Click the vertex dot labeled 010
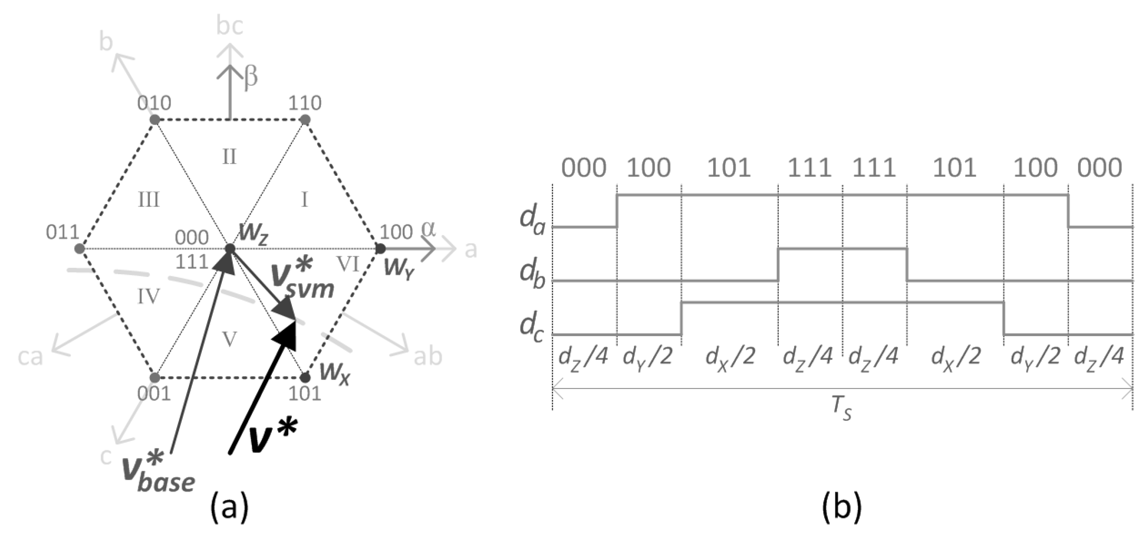pos(155,120)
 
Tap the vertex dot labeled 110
pos(305,120)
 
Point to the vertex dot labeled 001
pos(155,378)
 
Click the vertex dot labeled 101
pos(305,378)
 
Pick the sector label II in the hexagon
pos(229,157)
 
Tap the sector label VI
pos(348,265)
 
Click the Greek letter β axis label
pos(251,77)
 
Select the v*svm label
pos(303,281)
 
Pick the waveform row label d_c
pos(532,328)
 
